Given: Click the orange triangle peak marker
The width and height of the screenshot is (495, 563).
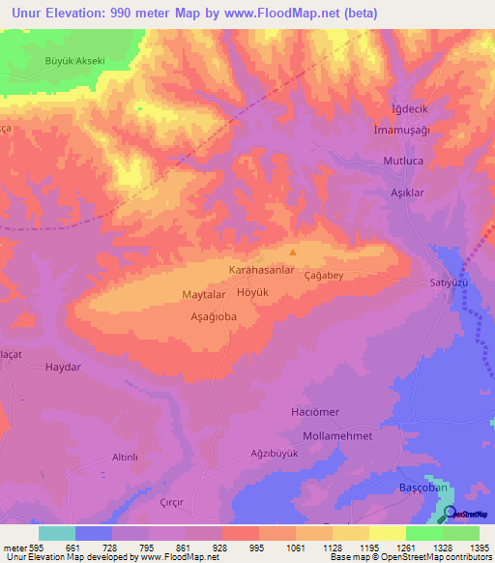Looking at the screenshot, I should tap(294, 252).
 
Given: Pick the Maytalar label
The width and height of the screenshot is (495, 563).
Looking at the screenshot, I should tap(203, 293).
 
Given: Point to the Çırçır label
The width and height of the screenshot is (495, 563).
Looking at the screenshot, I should tap(169, 504).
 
